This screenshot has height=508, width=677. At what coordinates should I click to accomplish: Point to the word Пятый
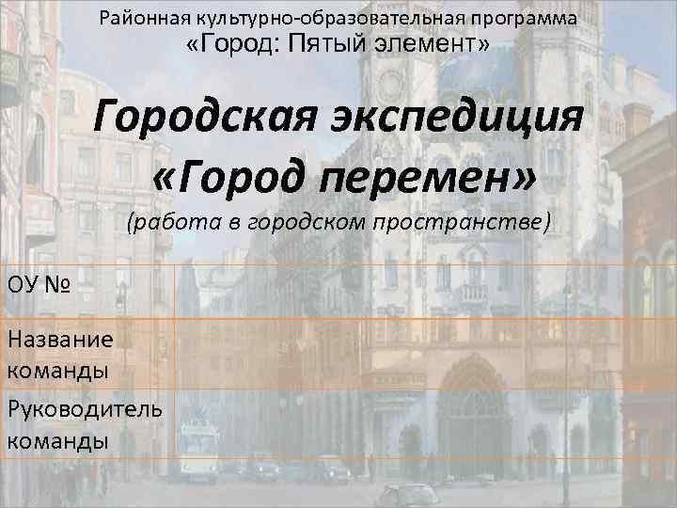328,44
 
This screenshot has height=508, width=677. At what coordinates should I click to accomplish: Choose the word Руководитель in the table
84,409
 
